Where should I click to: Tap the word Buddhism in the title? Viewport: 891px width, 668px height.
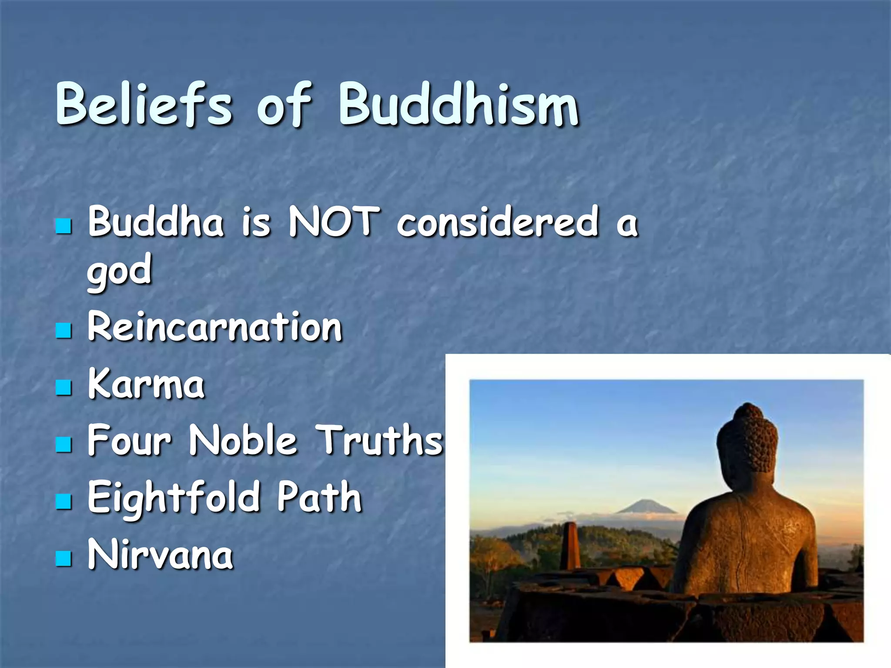pos(459,104)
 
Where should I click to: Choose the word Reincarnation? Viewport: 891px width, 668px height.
pos(215,327)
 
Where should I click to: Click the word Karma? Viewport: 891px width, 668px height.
pos(146,384)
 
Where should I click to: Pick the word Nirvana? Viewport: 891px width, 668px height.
pos(160,555)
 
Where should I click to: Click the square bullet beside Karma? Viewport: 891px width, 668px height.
pos(64,387)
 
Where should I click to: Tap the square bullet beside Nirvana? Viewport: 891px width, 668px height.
pos(64,558)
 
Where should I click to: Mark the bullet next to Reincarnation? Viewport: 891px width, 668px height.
pos(64,330)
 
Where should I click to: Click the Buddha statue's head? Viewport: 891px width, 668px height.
pos(747,439)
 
